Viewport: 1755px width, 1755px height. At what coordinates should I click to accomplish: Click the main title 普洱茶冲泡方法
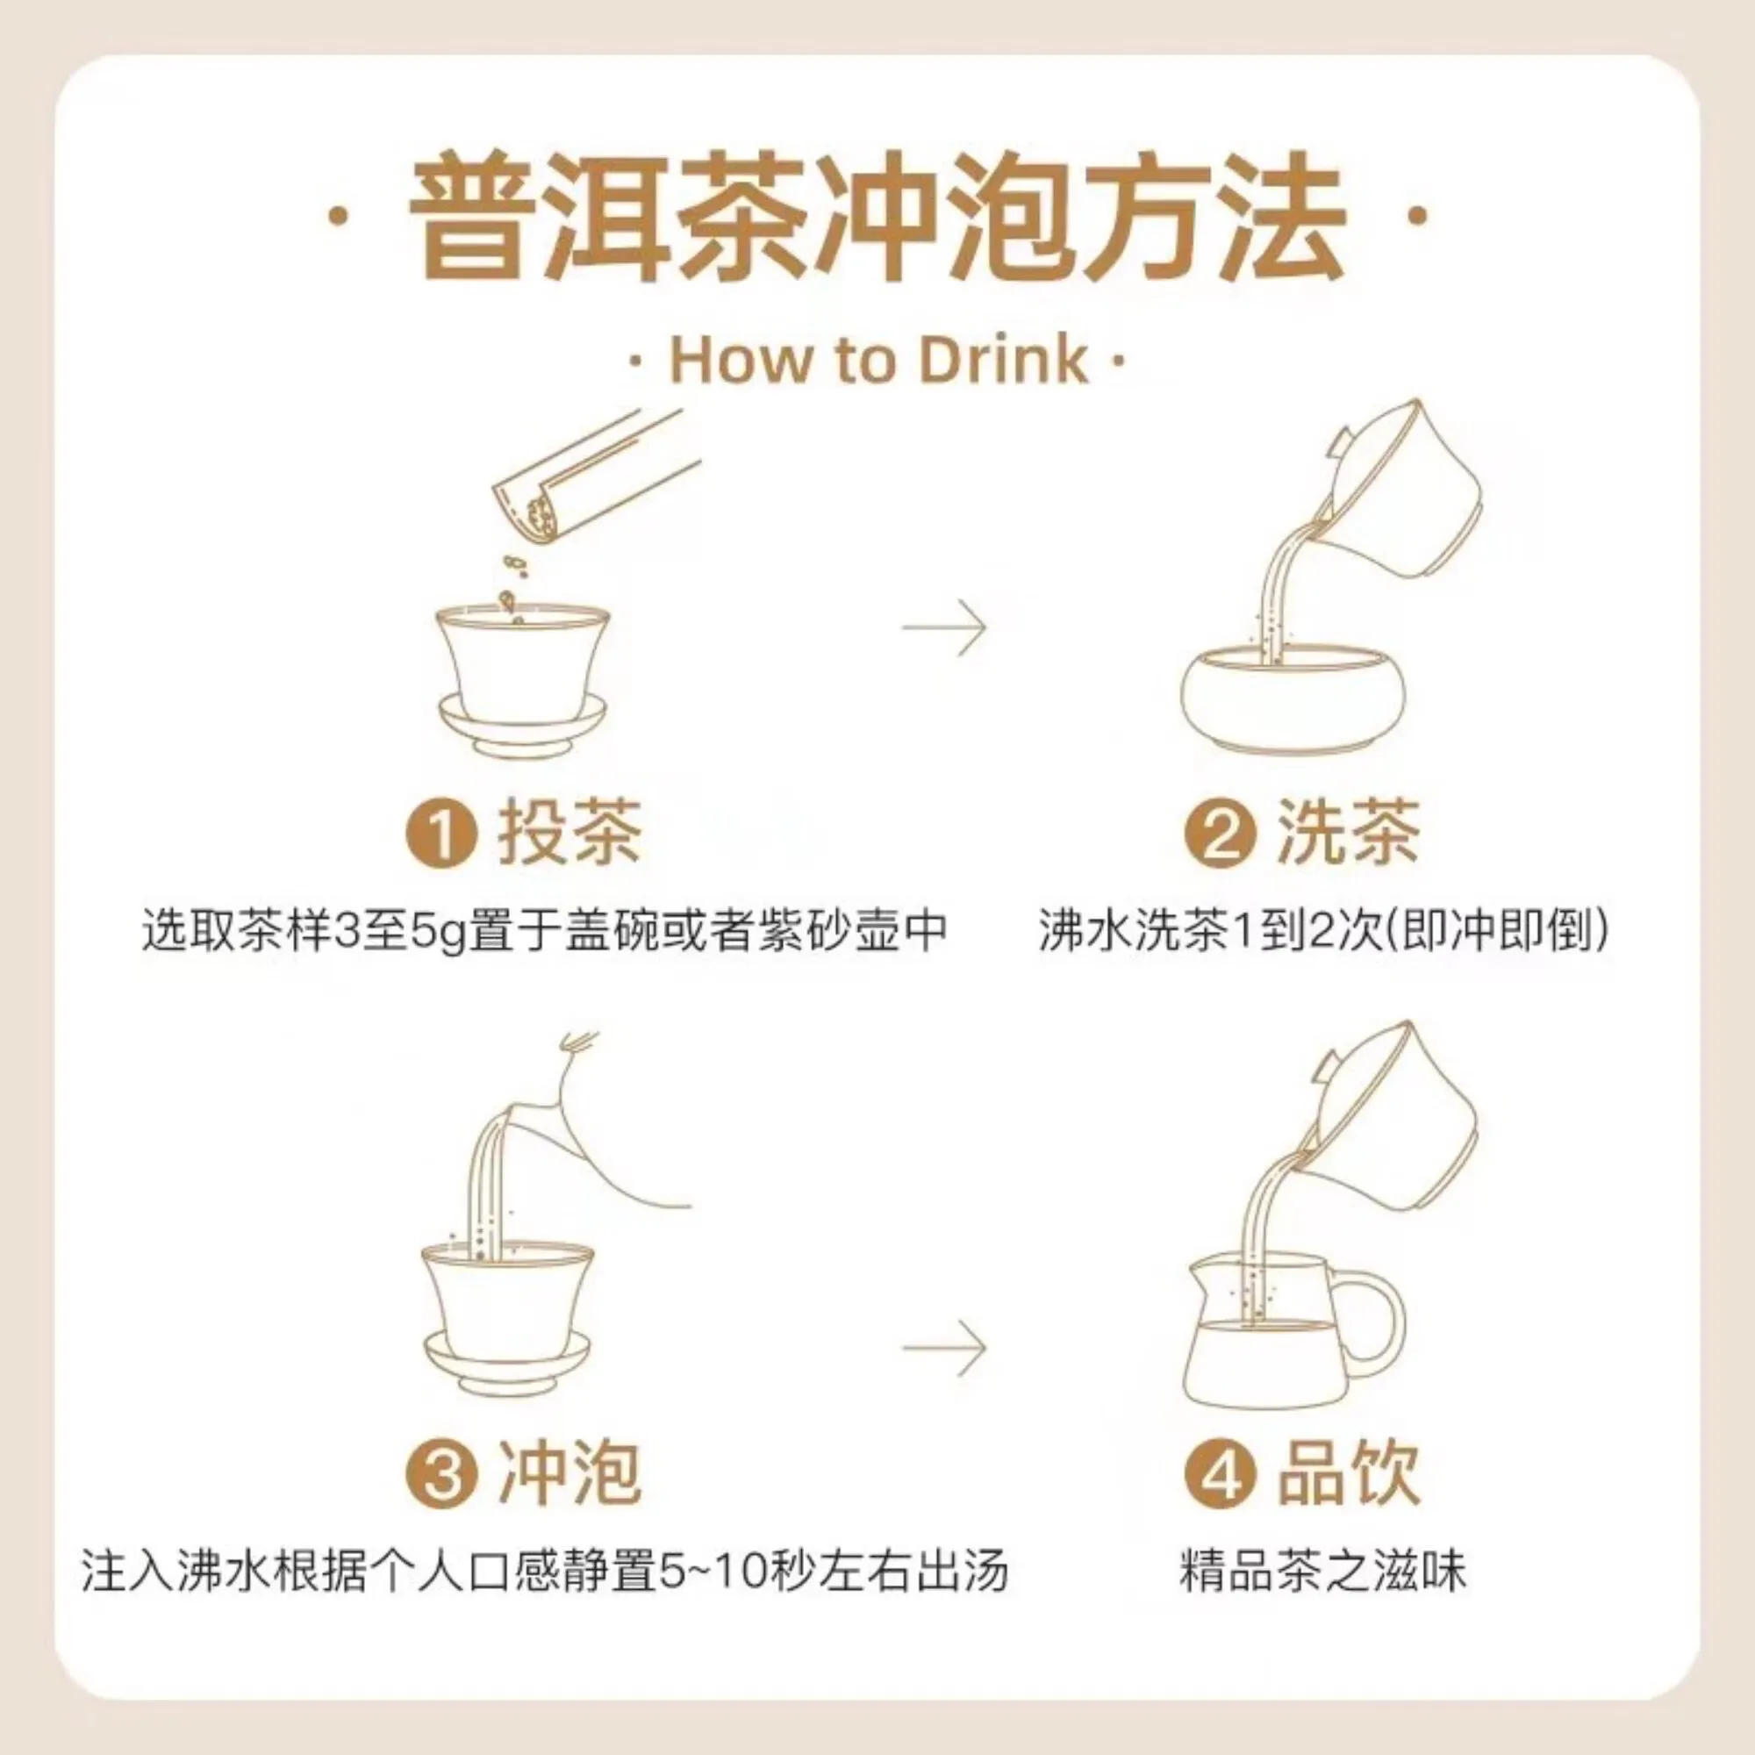[877, 217]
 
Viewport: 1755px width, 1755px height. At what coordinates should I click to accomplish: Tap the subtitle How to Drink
[878, 360]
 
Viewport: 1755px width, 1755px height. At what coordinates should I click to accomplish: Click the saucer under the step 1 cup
[522, 724]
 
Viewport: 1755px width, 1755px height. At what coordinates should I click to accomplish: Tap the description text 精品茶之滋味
[1323, 1573]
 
